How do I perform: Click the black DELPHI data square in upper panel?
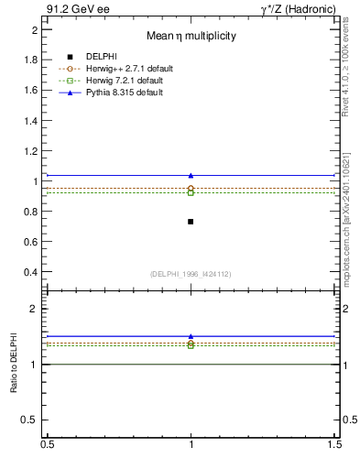click(191, 222)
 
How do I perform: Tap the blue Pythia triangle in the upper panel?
click(191, 175)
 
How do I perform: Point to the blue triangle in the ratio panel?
click(191, 336)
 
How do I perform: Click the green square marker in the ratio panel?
click(191, 345)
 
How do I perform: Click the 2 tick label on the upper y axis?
click(35, 29)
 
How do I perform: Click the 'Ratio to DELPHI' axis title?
click(14, 366)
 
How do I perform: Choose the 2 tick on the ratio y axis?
click(35, 309)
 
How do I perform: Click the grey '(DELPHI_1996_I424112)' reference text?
click(190, 274)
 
